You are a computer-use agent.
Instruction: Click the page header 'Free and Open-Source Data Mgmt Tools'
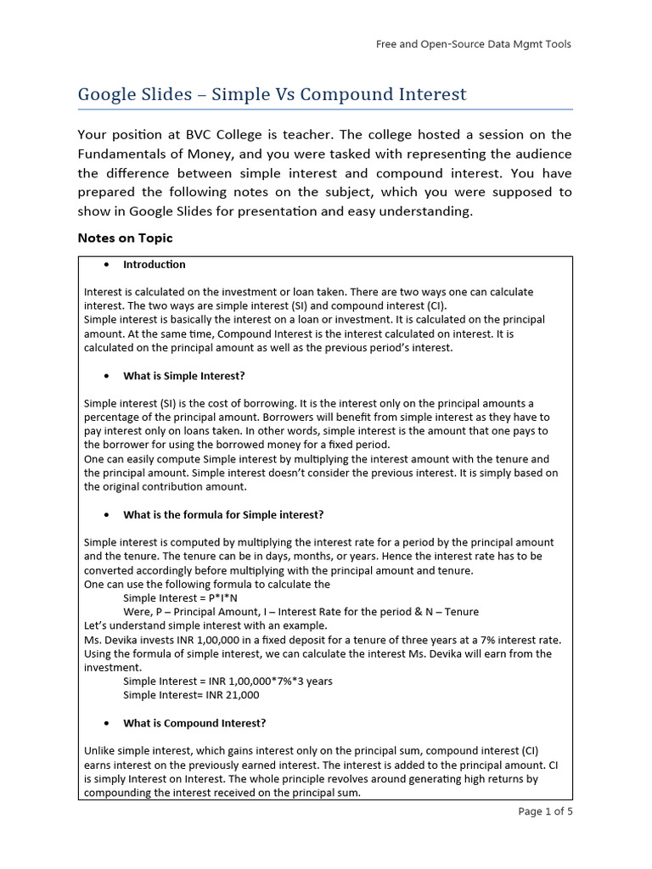(x=474, y=44)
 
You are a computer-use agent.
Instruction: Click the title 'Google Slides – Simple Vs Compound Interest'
(x=272, y=94)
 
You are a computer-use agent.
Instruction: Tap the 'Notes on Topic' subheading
(x=125, y=238)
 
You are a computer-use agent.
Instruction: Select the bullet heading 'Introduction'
(x=155, y=265)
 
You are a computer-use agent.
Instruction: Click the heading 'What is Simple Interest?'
(x=184, y=376)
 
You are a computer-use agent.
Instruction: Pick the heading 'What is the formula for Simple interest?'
(x=223, y=515)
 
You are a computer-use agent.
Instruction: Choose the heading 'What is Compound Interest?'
(x=194, y=724)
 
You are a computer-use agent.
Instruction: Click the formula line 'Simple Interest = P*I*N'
(x=180, y=598)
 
